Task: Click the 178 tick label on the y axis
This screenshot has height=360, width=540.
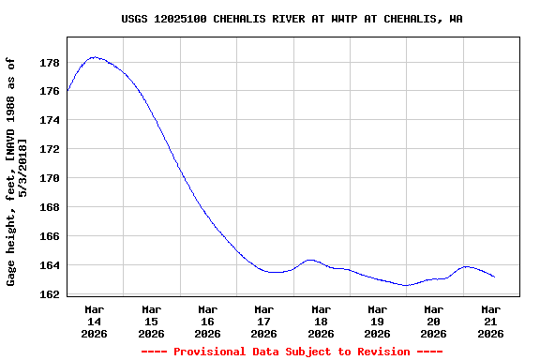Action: pyautogui.click(x=50, y=63)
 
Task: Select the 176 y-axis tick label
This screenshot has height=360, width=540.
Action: pyautogui.click(x=50, y=92)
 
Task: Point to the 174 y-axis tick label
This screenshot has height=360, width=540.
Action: pyautogui.click(x=50, y=121)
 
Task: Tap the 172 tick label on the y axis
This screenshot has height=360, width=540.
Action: pyautogui.click(x=50, y=150)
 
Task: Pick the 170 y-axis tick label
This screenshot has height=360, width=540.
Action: pyautogui.click(x=50, y=178)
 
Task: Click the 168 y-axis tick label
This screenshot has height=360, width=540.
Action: pyautogui.click(x=50, y=207)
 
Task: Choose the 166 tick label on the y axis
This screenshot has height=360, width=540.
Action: pyautogui.click(x=50, y=236)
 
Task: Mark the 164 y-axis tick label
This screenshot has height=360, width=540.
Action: pyautogui.click(x=50, y=265)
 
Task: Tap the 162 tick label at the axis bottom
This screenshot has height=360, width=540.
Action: pyautogui.click(x=50, y=294)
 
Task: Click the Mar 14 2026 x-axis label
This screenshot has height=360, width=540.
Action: pyautogui.click(x=95, y=321)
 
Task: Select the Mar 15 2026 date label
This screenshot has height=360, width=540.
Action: pyautogui.click(x=151, y=321)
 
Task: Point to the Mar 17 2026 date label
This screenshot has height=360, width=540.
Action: pyautogui.click(x=264, y=321)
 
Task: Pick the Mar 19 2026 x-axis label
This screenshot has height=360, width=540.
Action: pyautogui.click(x=377, y=321)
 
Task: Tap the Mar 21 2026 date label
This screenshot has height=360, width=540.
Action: pyautogui.click(x=490, y=321)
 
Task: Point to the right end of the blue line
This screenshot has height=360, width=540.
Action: pyautogui.click(x=494, y=277)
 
